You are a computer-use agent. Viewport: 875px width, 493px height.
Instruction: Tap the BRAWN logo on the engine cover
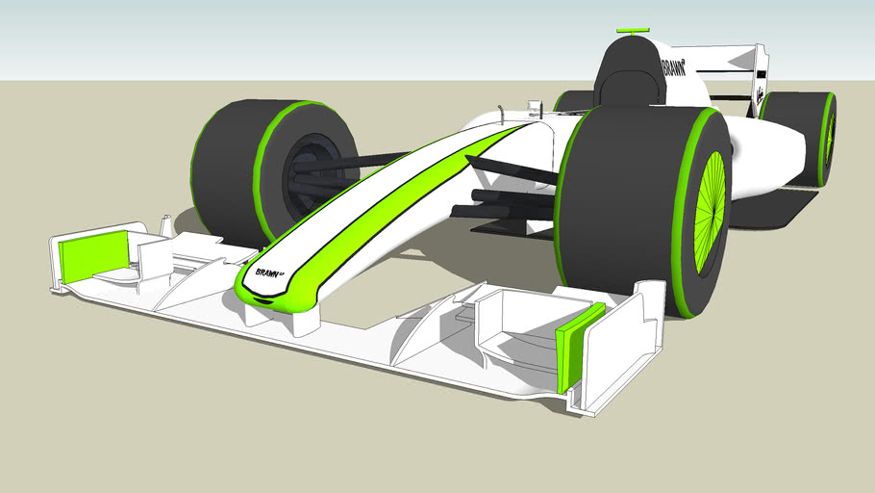(x=674, y=67)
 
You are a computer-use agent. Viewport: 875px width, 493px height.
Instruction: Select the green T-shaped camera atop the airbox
(x=634, y=32)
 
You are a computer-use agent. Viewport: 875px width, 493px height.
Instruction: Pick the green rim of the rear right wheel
(x=825, y=140)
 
